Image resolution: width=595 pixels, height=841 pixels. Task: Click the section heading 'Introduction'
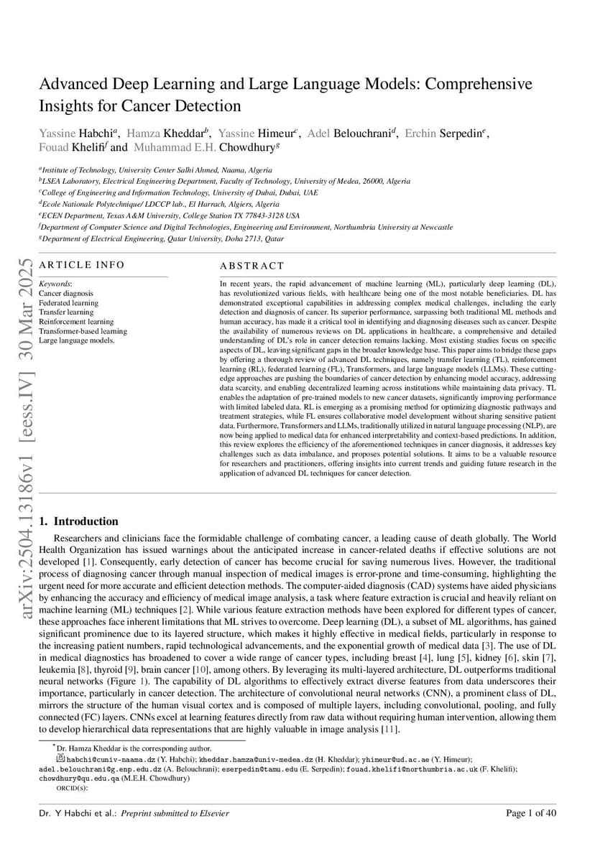(86, 521)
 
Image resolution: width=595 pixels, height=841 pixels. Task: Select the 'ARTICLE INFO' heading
(81, 265)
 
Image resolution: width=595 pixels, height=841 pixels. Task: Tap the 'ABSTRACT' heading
(252, 266)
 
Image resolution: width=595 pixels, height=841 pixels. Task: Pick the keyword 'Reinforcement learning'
(76, 322)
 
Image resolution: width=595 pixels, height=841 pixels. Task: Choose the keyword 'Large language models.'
(76, 340)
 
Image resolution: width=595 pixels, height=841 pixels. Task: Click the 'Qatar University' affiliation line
(162, 238)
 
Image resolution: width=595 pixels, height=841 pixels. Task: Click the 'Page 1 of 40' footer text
(531, 813)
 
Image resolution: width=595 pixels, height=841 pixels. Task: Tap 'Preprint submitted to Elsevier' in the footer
(185, 813)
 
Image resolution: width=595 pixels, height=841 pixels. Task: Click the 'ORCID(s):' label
(72, 787)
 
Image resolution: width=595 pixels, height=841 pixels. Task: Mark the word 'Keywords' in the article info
(55, 284)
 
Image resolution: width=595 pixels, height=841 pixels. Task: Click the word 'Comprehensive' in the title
(479, 84)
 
